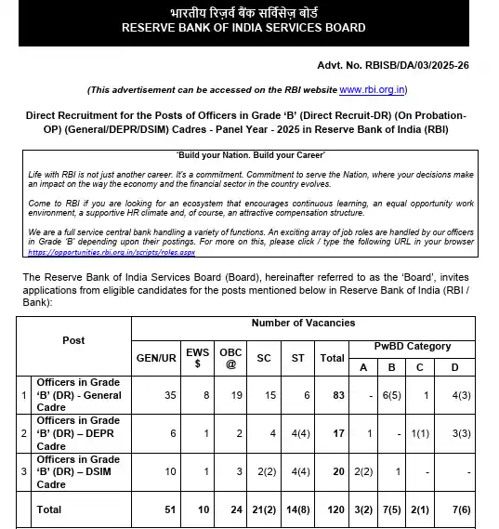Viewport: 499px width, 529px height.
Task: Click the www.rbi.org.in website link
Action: [373, 89]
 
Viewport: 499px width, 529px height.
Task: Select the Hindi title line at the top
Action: [243, 12]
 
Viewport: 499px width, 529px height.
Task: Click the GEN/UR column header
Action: [156, 357]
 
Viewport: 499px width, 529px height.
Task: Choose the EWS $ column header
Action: [198, 357]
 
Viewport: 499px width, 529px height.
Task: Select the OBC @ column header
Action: [230, 357]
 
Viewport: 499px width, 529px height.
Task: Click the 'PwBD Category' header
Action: [413, 346]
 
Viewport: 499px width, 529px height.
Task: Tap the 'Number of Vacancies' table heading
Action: [302, 323]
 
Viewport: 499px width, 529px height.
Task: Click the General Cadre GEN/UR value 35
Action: [169, 395]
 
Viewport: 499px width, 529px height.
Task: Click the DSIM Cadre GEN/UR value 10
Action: [169, 471]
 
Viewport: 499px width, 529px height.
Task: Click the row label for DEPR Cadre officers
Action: [78, 433]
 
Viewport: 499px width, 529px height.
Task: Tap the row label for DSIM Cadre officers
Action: [78, 471]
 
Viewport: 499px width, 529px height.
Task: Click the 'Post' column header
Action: [73, 340]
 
